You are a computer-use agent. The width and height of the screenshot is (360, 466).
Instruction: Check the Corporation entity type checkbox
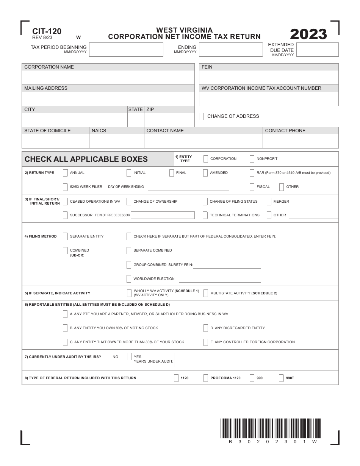point(206,159)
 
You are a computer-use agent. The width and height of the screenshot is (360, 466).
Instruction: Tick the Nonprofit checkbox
point(252,159)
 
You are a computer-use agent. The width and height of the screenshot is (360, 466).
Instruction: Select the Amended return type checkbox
point(205,173)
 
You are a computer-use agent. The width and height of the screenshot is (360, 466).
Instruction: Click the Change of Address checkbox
point(201,116)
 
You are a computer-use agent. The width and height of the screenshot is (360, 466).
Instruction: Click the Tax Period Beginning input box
point(126,50)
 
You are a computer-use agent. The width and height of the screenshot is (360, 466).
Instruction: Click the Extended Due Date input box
point(317,50)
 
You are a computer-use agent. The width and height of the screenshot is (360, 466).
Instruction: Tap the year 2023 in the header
point(308,34)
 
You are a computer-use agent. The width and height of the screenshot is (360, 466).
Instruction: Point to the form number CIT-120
point(47,31)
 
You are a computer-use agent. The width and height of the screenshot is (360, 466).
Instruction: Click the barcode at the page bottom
point(270,428)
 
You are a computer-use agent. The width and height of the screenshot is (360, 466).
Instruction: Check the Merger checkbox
point(269,202)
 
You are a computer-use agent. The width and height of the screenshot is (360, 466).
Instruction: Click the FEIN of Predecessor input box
point(163,215)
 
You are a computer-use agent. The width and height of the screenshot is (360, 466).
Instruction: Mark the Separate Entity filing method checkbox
point(65,236)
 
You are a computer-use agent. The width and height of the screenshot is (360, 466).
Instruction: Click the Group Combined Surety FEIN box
point(227,261)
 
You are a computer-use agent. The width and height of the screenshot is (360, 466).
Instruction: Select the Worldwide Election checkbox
point(129,279)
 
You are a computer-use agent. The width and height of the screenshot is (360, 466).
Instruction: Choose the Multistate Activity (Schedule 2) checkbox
point(206,293)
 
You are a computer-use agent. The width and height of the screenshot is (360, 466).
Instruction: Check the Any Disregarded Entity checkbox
point(206,328)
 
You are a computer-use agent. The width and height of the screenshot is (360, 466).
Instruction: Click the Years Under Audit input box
point(226,360)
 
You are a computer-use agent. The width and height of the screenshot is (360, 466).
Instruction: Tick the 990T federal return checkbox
point(282,378)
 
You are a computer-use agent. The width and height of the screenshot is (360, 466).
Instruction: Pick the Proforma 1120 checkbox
point(206,378)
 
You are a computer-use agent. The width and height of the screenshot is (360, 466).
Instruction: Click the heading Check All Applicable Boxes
point(86,159)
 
